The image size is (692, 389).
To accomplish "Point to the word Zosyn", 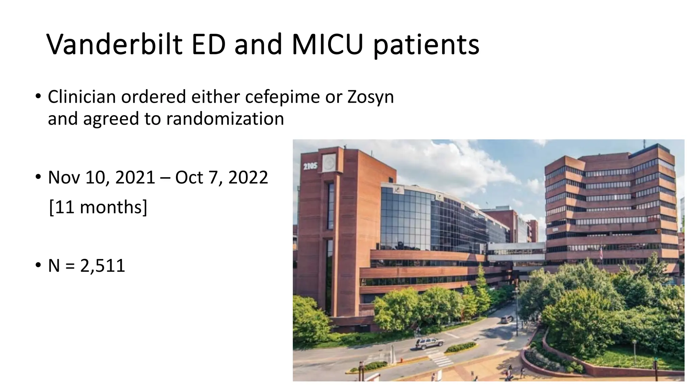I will point(370,98).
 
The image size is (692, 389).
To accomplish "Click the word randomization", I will point(225,119).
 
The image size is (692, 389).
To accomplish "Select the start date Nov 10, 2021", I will point(101,178).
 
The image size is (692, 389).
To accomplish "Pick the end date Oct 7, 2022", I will point(221,178).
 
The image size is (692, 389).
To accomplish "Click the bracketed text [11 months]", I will point(98,207).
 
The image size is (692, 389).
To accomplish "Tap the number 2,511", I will point(103,266).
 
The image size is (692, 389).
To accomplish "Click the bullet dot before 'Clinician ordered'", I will point(38,97).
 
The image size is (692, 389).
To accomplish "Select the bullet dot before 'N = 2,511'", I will point(38,265).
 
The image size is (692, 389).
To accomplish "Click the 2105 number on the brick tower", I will point(310,166).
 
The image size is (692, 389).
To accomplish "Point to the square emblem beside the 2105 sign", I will point(329,163).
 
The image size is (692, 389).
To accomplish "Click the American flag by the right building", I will point(600,253).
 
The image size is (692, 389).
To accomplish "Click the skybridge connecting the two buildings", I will point(516,252).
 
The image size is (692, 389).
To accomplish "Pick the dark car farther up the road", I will point(506,319).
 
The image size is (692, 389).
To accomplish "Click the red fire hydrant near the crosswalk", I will point(401,360).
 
